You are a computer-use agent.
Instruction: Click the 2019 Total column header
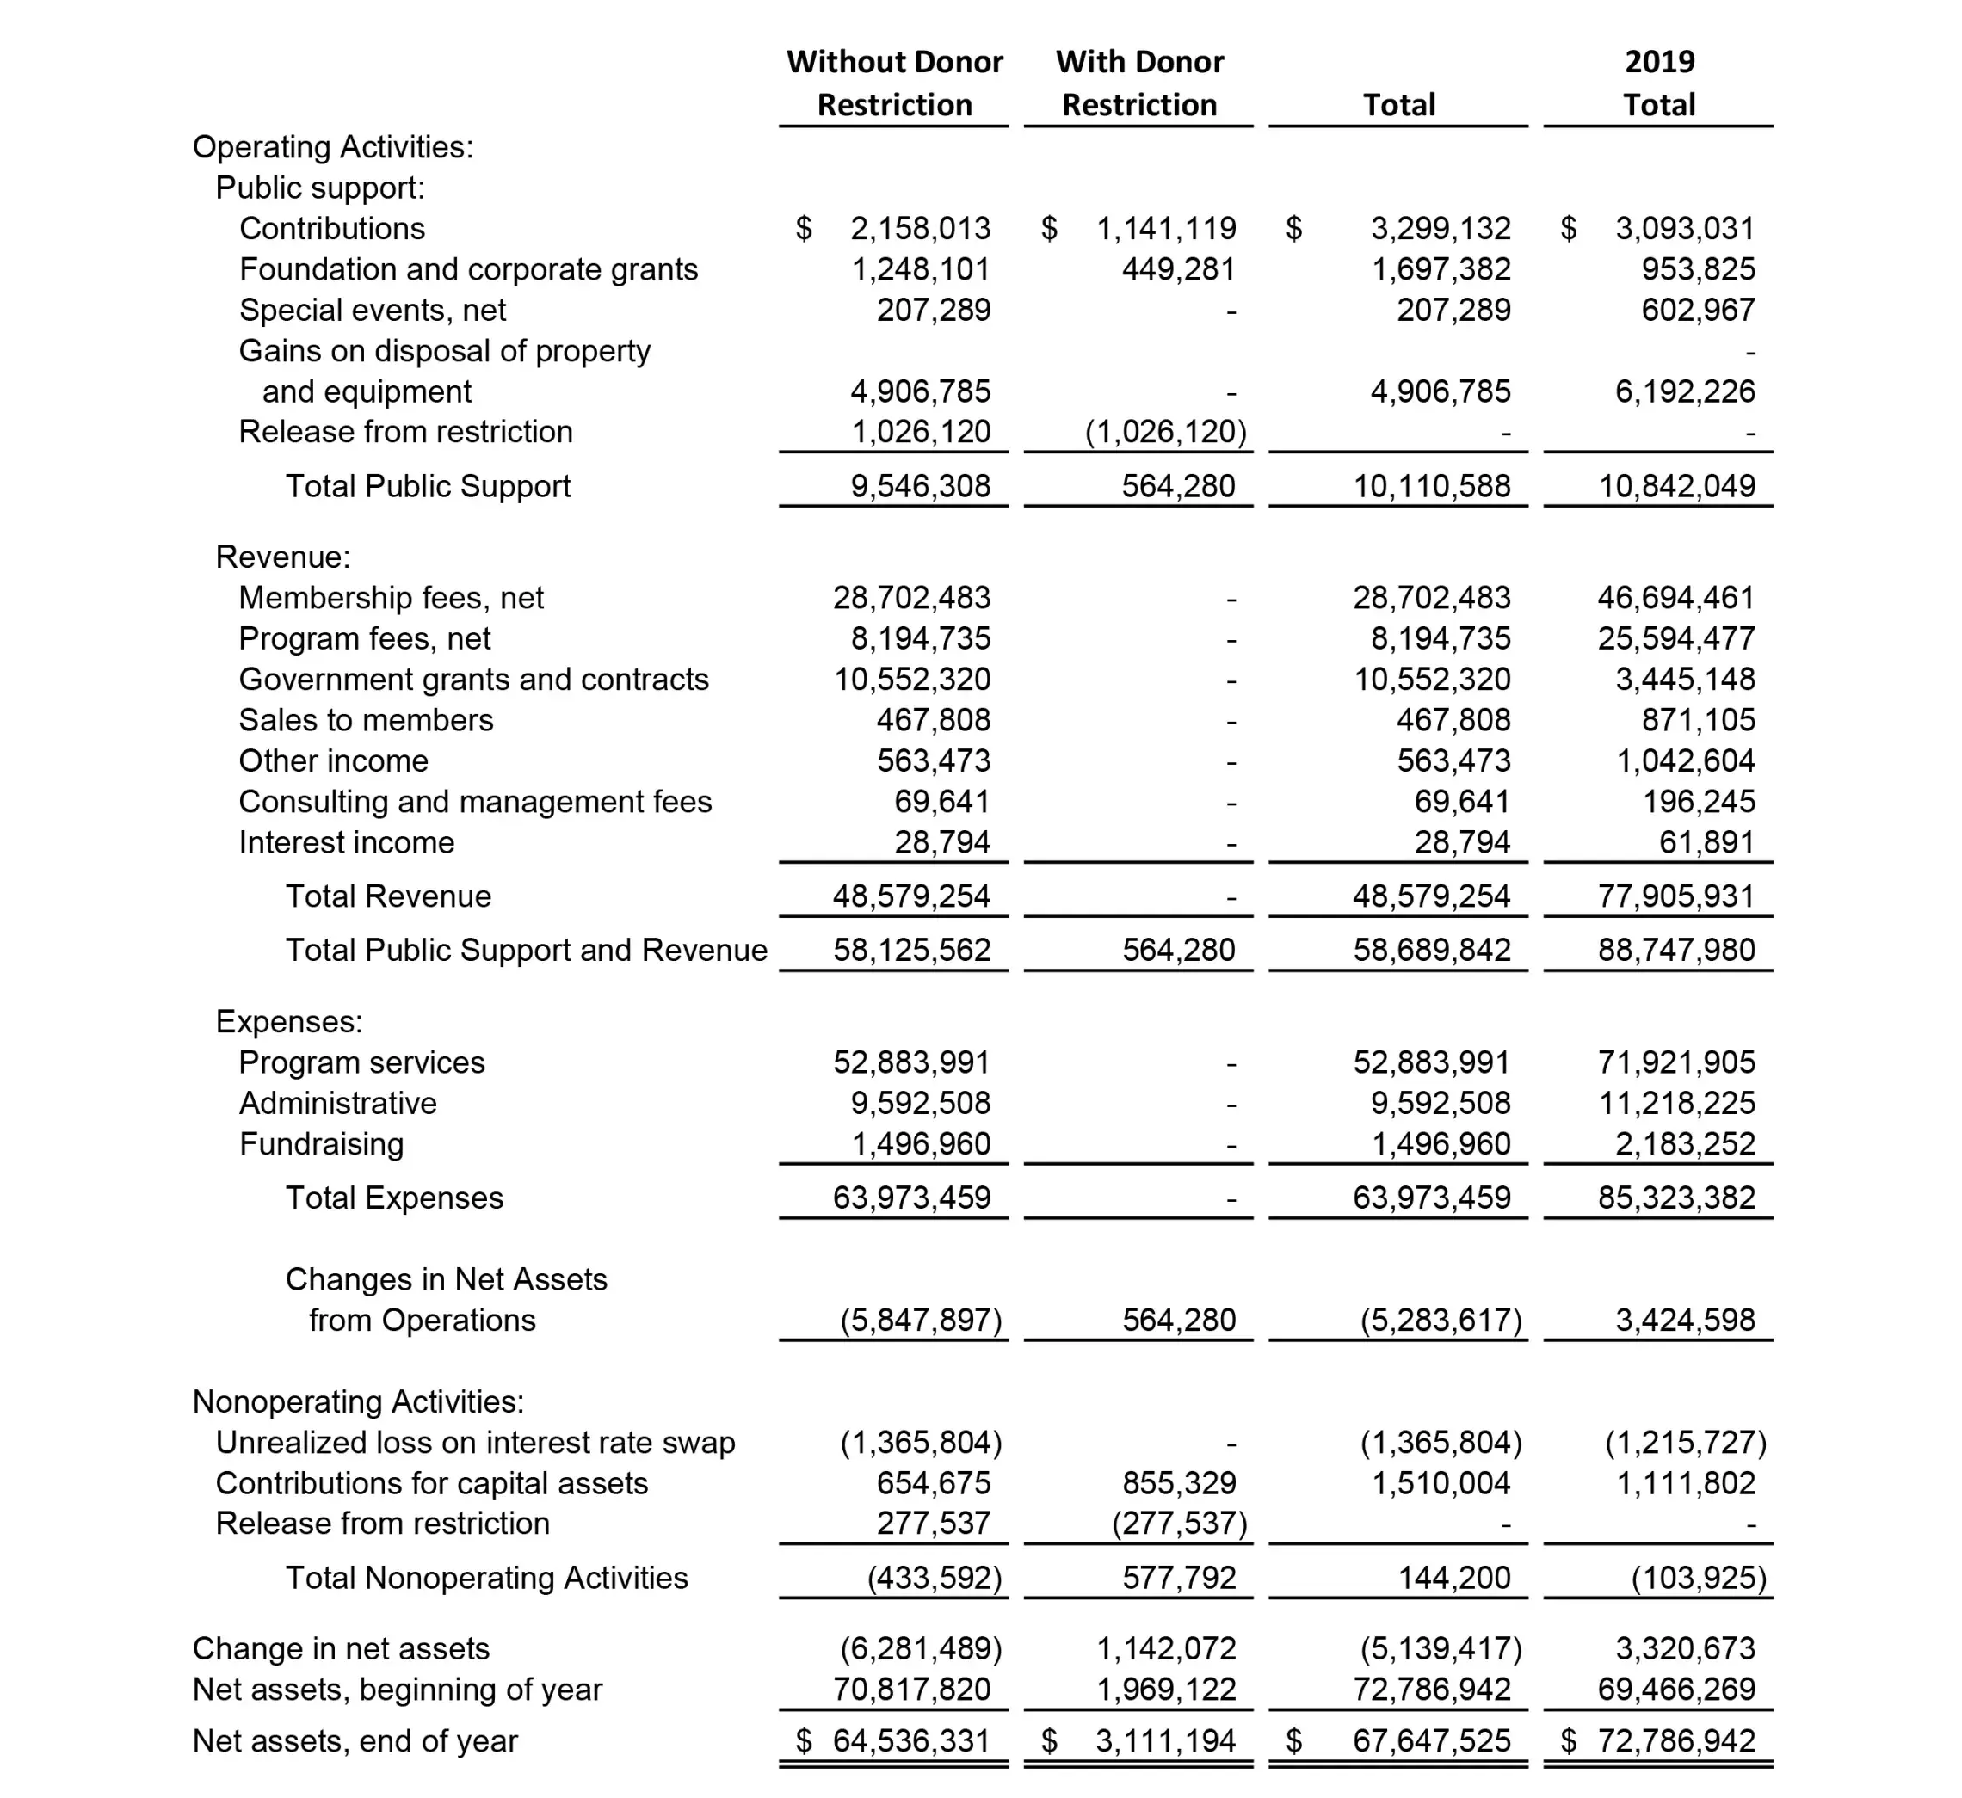(x=1658, y=83)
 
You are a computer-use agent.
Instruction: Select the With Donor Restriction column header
(x=1138, y=83)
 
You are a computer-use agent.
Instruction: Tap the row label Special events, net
(x=373, y=310)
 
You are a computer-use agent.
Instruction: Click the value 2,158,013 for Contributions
(x=920, y=228)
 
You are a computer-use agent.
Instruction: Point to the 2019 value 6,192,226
(x=1685, y=391)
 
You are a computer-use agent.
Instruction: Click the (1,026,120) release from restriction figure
(x=1165, y=431)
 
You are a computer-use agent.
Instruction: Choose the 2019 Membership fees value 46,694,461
(x=1676, y=597)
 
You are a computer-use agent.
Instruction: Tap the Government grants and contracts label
(x=474, y=679)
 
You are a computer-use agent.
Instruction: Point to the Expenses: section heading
(x=289, y=1022)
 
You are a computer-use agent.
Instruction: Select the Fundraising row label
(x=321, y=1143)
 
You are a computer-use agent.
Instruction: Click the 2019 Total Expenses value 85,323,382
(x=1676, y=1198)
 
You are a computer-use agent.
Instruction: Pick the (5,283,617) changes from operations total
(x=1441, y=1321)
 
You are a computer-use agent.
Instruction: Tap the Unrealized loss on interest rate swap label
(x=475, y=1442)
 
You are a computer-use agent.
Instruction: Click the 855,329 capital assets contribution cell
(x=1179, y=1483)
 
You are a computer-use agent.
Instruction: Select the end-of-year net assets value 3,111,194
(x=1165, y=1740)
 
